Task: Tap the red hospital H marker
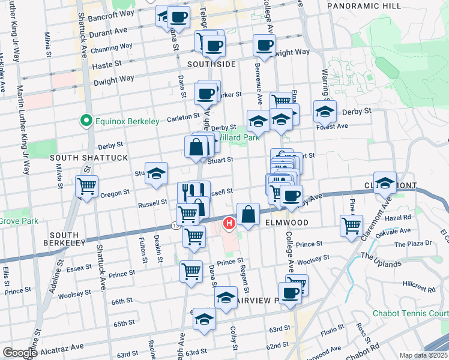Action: (x=228, y=224)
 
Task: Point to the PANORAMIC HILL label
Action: (x=364, y=5)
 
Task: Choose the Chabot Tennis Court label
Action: (x=411, y=313)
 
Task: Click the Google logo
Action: (x=19, y=353)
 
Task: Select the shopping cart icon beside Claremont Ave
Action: (x=351, y=225)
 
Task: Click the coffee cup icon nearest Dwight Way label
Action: (x=264, y=44)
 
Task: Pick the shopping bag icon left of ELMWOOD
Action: (x=248, y=213)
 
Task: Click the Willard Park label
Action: (x=238, y=137)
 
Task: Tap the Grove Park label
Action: (x=19, y=221)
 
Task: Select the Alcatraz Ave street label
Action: (x=64, y=347)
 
